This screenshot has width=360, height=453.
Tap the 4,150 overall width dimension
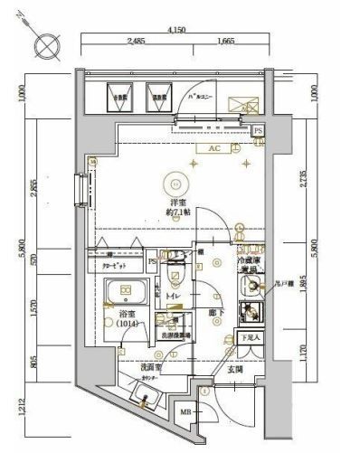(x=176, y=31)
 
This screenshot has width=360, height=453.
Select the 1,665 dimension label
(x=225, y=42)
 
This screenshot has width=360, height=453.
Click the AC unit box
(x=214, y=147)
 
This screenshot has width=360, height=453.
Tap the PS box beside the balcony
(x=258, y=130)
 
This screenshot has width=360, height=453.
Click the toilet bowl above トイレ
(x=177, y=274)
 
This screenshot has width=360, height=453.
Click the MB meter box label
(x=186, y=413)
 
